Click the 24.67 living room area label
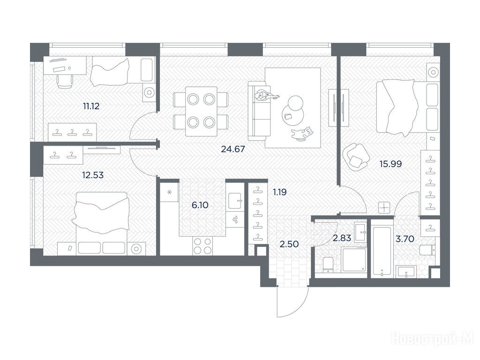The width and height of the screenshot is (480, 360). pos(233,149)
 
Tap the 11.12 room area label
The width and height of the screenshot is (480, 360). pos(91,106)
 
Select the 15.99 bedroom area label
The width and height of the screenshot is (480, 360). pos(390,164)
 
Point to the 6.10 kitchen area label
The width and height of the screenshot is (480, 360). pos(200,205)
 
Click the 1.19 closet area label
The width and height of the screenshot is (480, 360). pos(280,192)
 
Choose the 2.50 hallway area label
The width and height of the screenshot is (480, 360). pos(289,244)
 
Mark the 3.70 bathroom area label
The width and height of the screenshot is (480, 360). pos(405,239)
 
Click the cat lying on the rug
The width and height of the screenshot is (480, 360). pos(302,134)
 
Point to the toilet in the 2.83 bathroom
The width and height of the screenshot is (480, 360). pos(328,265)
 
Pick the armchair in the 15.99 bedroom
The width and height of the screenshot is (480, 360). pos(355,157)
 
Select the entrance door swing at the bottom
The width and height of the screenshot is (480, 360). pos(292,301)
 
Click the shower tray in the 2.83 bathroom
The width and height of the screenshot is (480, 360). pos(354,260)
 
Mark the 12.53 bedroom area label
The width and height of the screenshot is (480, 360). pos(93,175)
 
